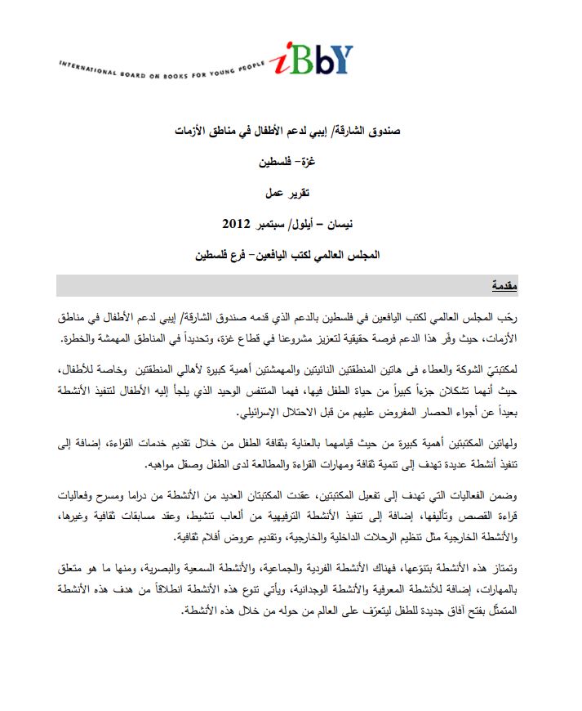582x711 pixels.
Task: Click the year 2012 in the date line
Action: [238, 222]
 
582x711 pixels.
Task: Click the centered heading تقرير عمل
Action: [291, 192]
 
